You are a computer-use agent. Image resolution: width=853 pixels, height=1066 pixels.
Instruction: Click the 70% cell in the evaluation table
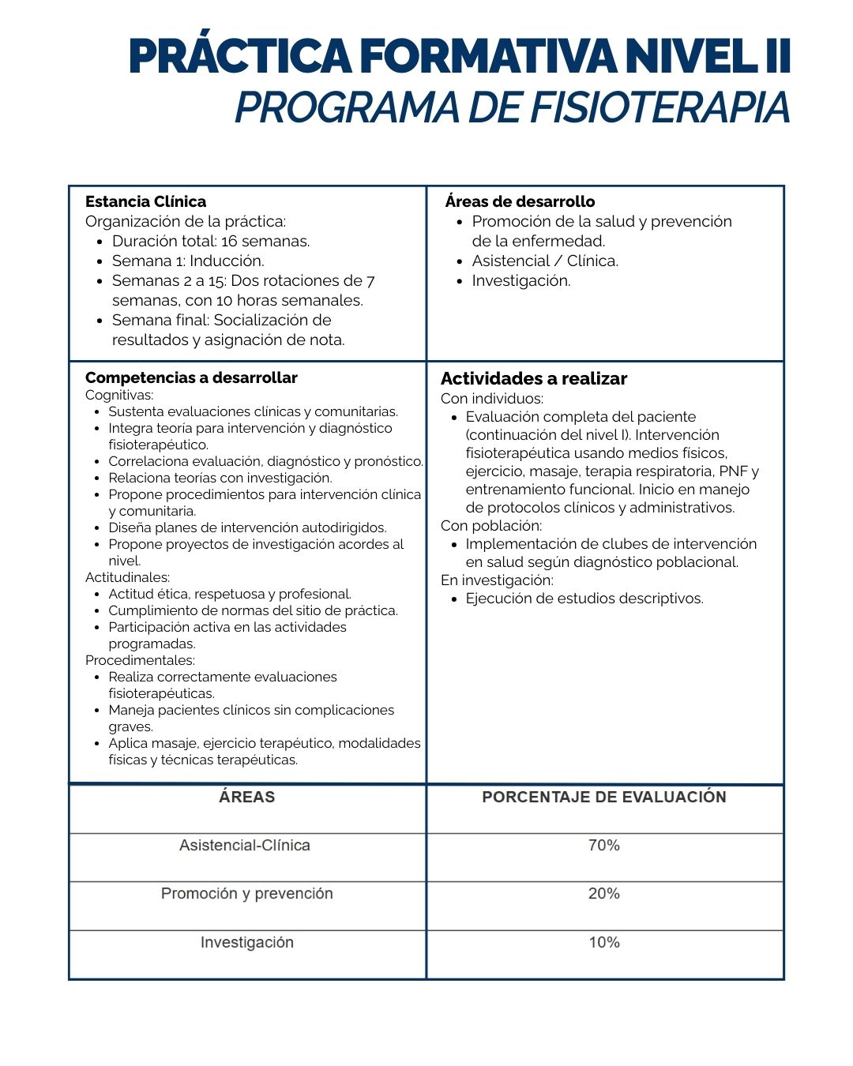(x=604, y=846)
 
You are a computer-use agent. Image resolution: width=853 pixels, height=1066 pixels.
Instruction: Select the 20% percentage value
(x=604, y=894)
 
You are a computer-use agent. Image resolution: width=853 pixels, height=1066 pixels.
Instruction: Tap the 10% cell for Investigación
(x=604, y=943)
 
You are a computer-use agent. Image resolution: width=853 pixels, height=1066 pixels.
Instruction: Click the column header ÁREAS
(x=247, y=798)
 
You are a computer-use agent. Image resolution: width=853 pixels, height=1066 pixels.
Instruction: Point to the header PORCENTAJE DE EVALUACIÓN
(x=604, y=798)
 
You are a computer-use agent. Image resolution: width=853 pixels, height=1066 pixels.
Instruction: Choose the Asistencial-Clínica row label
(x=245, y=846)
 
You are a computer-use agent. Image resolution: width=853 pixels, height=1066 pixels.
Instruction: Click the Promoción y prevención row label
(x=247, y=894)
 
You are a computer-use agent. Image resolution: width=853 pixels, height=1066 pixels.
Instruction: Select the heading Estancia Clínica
(x=146, y=201)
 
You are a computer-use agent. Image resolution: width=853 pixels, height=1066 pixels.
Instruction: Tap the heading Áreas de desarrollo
(x=520, y=201)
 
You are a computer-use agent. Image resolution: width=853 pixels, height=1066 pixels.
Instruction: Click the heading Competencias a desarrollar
(x=192, y=377)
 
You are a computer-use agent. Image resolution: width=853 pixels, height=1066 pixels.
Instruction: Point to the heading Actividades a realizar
(x=534, y=379)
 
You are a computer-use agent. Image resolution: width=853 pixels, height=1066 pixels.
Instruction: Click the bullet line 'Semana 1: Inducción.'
(x=188, y=261)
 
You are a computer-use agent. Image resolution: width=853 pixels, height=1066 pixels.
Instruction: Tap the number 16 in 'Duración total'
(x=230, y=241)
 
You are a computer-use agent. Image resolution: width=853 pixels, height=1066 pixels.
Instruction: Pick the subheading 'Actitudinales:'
(x=128, y=577)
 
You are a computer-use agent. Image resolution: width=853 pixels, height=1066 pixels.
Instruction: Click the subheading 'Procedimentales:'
(x=141, y=660)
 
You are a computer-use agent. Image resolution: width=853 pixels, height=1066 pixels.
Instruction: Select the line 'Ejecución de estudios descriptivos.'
(x=584, y=599)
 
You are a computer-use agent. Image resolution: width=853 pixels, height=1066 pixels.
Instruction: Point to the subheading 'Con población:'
(x=491, y=526)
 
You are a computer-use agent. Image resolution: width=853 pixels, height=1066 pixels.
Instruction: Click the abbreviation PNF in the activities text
(x=733, y=471)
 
